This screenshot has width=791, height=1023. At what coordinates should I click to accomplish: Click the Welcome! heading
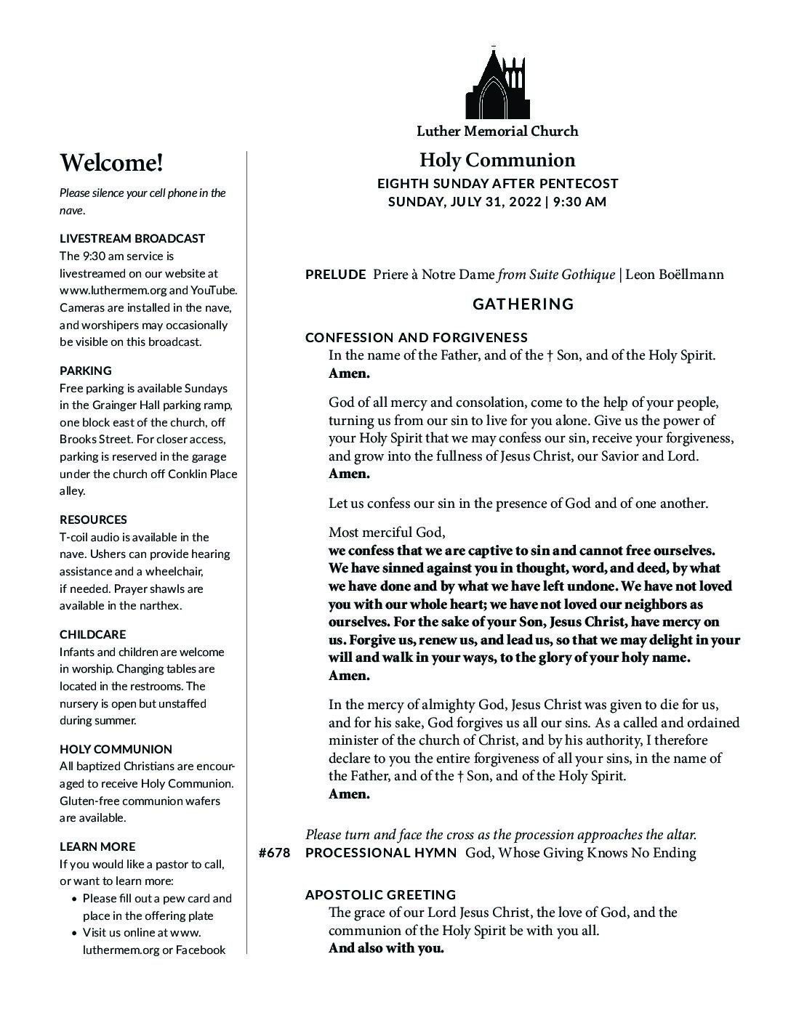111,163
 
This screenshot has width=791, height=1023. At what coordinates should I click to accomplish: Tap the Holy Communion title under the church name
497,160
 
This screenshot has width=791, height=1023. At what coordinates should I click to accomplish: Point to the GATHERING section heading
523,304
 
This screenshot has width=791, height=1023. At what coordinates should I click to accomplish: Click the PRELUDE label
335,275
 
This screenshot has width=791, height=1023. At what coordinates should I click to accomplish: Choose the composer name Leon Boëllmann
674,275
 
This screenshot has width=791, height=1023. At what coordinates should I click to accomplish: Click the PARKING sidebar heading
86,371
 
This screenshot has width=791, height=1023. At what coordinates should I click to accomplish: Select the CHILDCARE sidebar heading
92,634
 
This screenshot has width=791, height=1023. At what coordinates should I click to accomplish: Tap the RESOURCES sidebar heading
93,519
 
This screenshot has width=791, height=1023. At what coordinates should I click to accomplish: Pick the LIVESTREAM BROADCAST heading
132,238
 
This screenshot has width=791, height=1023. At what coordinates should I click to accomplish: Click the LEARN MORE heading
97,846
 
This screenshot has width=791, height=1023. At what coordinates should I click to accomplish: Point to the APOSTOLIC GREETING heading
381,894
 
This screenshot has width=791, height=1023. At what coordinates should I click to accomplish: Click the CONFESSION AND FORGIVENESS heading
417,337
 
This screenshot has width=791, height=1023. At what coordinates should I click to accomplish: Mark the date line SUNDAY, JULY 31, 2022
497,202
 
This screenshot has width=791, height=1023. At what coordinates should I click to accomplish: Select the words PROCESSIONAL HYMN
381,853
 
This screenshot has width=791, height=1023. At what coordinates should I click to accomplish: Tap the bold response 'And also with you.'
386,948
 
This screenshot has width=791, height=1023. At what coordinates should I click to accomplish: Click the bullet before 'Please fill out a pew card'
76,899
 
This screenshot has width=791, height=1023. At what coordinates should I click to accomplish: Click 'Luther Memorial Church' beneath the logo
497,131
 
